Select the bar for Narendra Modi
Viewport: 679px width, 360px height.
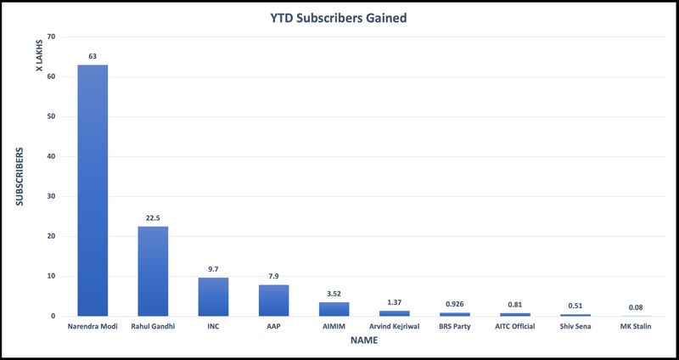click(93, 190)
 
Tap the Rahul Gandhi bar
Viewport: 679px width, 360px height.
click(153, 271)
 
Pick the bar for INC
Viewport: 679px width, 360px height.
click(213, 296)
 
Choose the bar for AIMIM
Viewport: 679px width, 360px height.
click(334, 309)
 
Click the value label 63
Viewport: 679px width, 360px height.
click(93, 56)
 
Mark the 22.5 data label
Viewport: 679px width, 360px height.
click(153, 217)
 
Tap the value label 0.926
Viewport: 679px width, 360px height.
click(454, 304)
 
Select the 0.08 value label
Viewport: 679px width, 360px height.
click(635, 307)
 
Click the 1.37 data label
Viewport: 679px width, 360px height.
click(394, 302)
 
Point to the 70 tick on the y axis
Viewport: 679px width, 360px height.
click(51, 37)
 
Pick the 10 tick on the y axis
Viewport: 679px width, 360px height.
click(51, 276)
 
